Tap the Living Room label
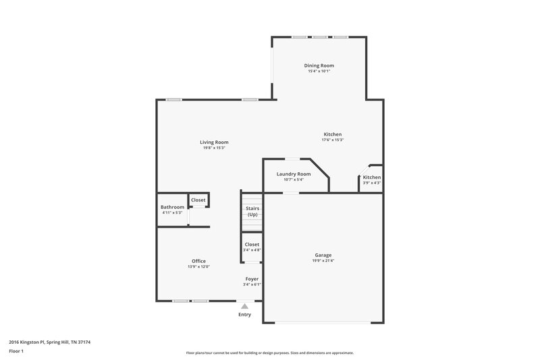(x=214, y=143)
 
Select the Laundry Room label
(x=294, y=174)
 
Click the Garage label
(x=322, y=255)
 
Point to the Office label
(x=198, y=261)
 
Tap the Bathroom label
(x=172, y=207)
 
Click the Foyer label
(x=252, y=278)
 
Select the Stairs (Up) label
(x=252, y=211)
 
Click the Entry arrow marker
(x=244, y=306)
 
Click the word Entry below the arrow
(x=244, y=314)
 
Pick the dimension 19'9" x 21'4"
(x=322, y=261)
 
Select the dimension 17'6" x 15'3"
(x=333, y=140)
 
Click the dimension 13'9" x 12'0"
(x=198, y=267)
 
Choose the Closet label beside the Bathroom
(x=198, y=200)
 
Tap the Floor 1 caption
(x=17, y=352)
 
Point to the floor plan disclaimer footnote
(x=269, y=353)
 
